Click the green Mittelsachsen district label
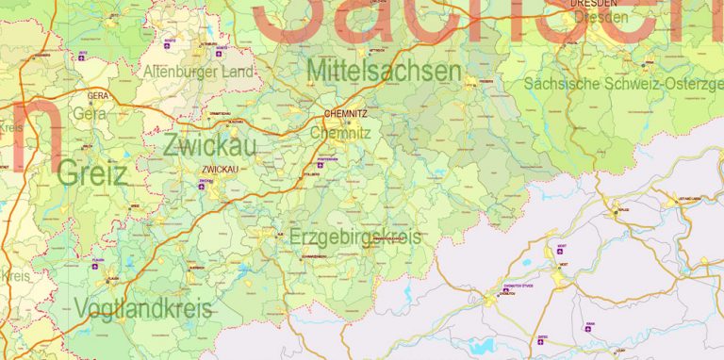[x=384, y=72]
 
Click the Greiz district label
[x=91, y=173]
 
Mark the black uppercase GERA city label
[x=97, y=96]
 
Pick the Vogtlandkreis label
[x=143, y=309]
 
